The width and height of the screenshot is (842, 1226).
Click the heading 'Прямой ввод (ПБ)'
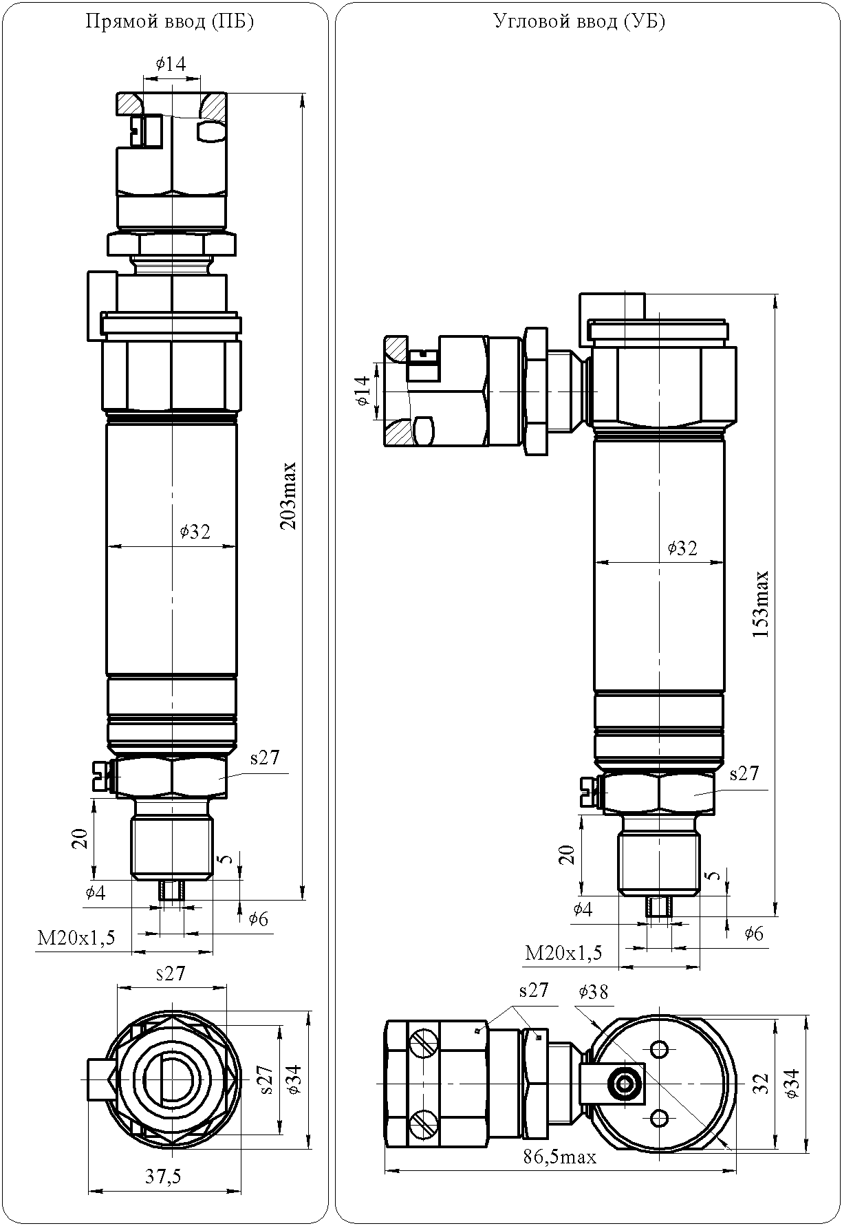[170, 22]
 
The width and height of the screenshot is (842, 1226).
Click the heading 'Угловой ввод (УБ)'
[579, 22]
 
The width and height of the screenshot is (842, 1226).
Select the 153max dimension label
[761, 604]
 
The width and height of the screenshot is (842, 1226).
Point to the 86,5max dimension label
[559, 1157]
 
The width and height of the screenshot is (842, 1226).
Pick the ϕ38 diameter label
[594, 991]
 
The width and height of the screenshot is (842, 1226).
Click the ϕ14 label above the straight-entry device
[171, 63]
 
